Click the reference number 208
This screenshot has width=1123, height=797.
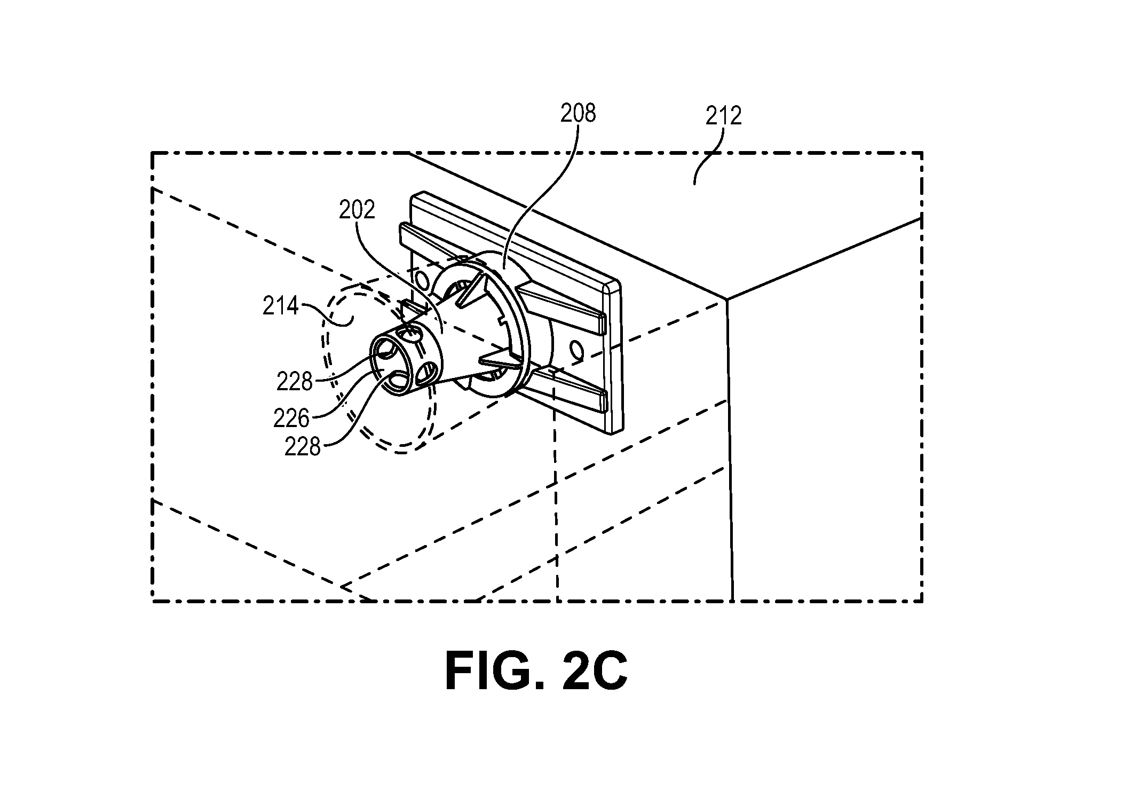tap(578, 113)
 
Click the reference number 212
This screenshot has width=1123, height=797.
tap(724, 116)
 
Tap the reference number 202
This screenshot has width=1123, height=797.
tap(357, 210)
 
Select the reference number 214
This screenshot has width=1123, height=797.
tap(280, 306)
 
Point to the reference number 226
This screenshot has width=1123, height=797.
tap(291, 419)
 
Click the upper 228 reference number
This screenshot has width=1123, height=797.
tap(295, 381)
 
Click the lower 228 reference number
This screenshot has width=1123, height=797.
tap(303, 446)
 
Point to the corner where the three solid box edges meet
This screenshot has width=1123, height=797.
tap(726, 299)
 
